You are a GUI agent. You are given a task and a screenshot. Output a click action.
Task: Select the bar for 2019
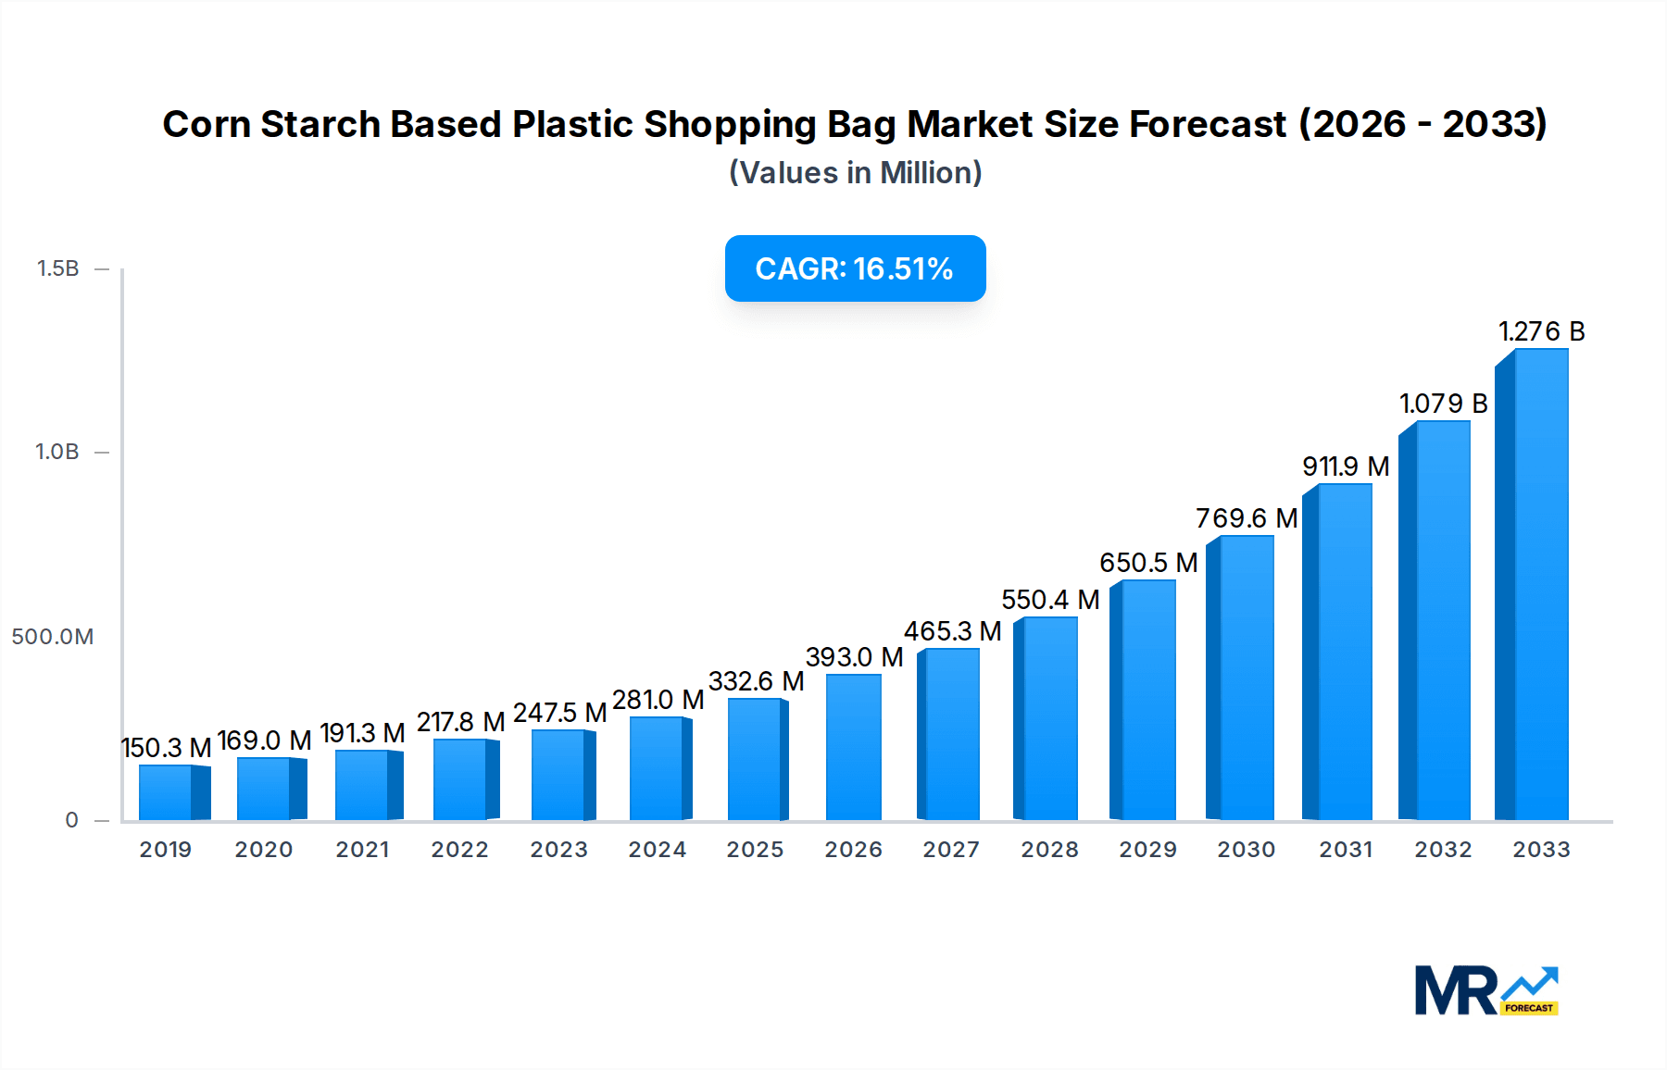[x=172, y=792]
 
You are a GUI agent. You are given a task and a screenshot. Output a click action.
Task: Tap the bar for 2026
[x=853, y=747]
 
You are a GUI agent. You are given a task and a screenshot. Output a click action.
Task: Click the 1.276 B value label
[x=1542, y=331]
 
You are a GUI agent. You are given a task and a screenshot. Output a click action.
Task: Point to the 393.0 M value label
[x=854, y=657]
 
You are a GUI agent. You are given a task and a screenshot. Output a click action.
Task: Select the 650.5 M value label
[x=1148, y=563]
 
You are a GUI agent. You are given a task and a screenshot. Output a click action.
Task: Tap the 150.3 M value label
[x=166, y=748]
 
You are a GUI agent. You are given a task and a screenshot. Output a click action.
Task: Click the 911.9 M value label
[x=1346, y=467]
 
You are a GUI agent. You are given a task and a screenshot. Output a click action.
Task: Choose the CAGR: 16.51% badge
[x=855, y=268]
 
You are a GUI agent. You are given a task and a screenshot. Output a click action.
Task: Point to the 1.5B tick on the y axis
[x=57, y=268]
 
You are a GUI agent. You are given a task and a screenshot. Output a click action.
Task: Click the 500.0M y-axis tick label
[x=52, y=637]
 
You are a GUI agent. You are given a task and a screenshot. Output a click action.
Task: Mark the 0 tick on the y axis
[x=71, y=820]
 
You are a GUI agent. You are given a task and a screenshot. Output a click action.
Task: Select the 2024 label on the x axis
[x=657, y=850]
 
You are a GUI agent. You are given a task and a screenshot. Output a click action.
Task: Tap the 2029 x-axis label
[x=1147, y=850]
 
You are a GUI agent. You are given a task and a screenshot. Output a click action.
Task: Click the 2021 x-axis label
[x=362, y=850]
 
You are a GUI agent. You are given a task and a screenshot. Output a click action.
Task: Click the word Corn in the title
[x=207, y=124]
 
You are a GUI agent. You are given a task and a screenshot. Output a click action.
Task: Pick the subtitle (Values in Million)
[x=855, y=173]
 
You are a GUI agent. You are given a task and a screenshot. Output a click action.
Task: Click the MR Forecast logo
[x=1485, y=990]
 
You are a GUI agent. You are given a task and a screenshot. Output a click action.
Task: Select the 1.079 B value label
[x=1443, y=404]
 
